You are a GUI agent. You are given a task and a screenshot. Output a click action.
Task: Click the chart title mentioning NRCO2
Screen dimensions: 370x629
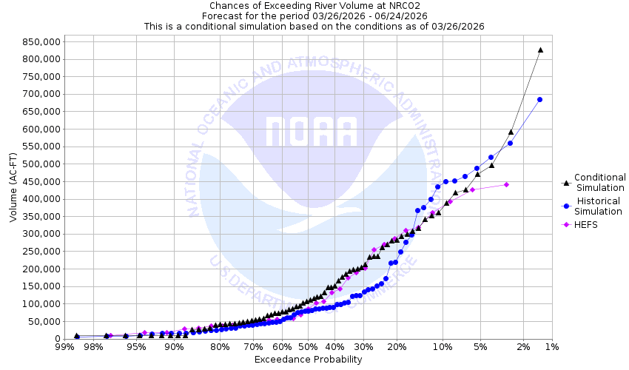tap(314, 5)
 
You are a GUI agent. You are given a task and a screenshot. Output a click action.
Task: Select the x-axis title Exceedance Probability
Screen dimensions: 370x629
tap(308, 360)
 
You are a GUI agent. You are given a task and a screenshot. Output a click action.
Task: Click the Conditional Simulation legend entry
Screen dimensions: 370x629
tap(599, 182)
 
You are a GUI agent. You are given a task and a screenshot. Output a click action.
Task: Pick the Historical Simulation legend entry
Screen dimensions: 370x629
tap(599, 206)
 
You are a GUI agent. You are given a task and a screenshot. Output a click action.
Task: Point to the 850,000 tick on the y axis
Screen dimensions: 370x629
tap(40, 41)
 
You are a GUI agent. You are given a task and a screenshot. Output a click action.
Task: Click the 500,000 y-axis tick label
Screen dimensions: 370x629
tap(40, 164)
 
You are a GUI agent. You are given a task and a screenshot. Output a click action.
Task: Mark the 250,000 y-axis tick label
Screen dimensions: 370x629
tap(40, 251)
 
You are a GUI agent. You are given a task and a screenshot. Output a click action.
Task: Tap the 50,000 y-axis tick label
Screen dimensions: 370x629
tap(43, 321)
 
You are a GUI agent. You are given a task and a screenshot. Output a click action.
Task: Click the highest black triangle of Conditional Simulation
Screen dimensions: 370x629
tap(540, 50)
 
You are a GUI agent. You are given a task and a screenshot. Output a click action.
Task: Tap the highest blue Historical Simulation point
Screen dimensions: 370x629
tap(540, 99)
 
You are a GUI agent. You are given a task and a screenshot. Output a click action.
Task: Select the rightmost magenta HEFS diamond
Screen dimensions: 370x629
tap(506, 184)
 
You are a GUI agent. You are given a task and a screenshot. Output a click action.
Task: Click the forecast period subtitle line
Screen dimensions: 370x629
tap(314, 16)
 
